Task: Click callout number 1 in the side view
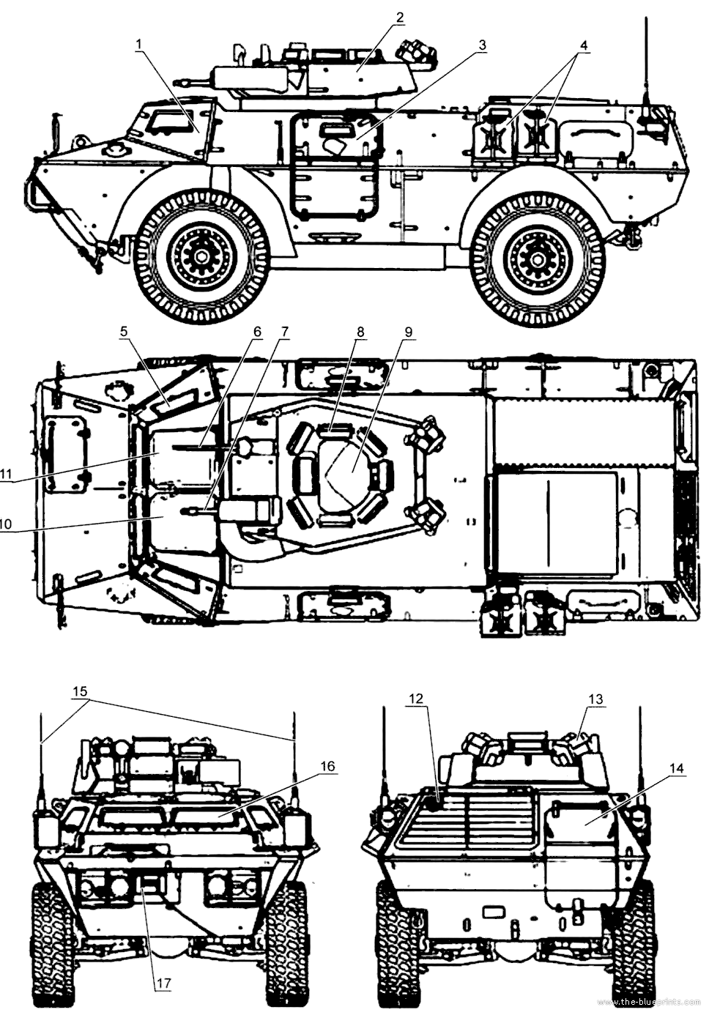pyautogui.click(x=140, y=44)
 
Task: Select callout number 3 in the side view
pyautogui.click(x=482, y=45)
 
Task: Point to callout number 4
pyautogui.click(x=584, y=45)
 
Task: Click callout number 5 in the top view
pyautogui.click(x=124, y=332)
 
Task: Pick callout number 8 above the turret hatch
pyautogui.click(x=257, y=332)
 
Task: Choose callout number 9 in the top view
pyautogui.click(x=283, y=332)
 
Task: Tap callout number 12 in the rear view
pyautogui.click(x=360, y=332)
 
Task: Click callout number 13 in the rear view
pyautogui.click(x=409, y=332)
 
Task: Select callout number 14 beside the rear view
pyautogui.click(x=417, y=698)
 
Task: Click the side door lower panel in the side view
pyautogui.click(x=199, y=258)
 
